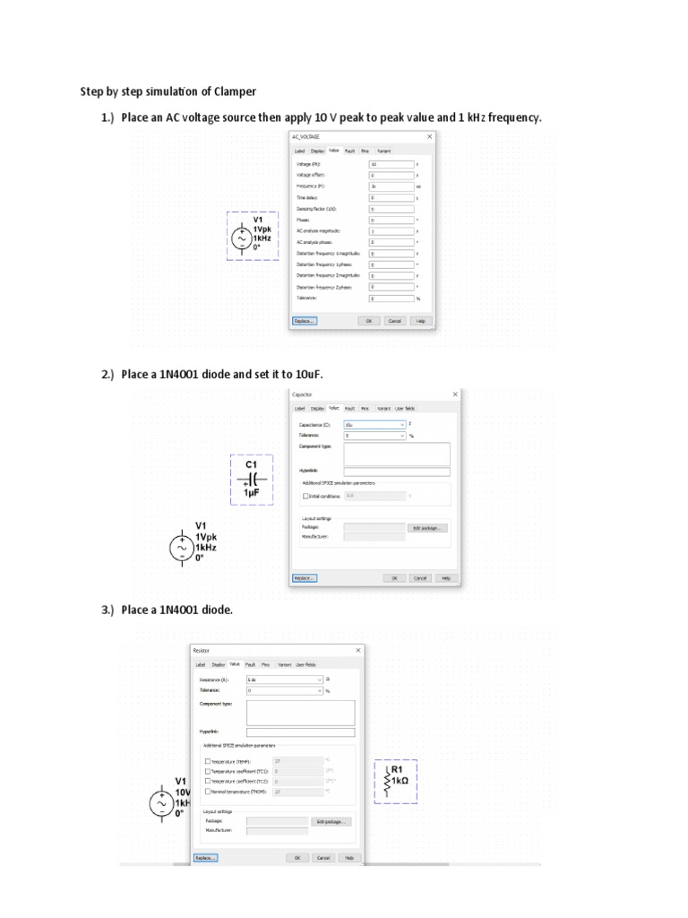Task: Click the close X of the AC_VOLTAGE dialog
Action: (x=429, y=136)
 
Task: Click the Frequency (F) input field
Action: (x=391, y=186)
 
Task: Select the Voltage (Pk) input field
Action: (x=391, y=164)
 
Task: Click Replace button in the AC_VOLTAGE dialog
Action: (x=305, y=320)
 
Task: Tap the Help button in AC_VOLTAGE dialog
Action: (x=419, y=320)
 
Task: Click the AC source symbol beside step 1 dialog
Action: (x=241, y=238)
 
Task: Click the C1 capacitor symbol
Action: (x=251, y=480)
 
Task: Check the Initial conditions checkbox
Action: (x=305, y=495)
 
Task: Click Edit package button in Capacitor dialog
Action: (x=427, y=528)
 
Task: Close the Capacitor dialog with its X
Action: (x=454, y=394)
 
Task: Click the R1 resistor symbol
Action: (x=388, y=781)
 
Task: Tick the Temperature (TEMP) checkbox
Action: (x=208, y=761)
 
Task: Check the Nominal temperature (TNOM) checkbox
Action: (x=208, y=792)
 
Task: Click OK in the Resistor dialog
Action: (x=297, y=857)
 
